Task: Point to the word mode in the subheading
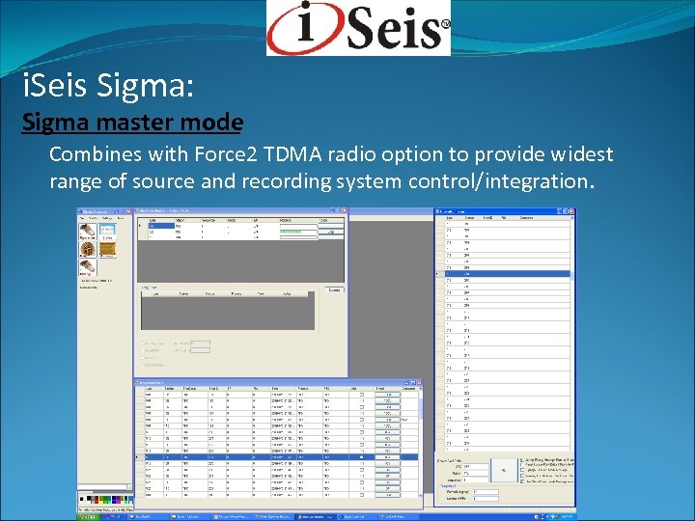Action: pos(216,123)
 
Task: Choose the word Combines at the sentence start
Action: pos(92,154)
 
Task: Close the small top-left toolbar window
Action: pos(127,210)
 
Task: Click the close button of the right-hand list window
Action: pos(571,210)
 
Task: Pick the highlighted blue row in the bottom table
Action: pos(280,456)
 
